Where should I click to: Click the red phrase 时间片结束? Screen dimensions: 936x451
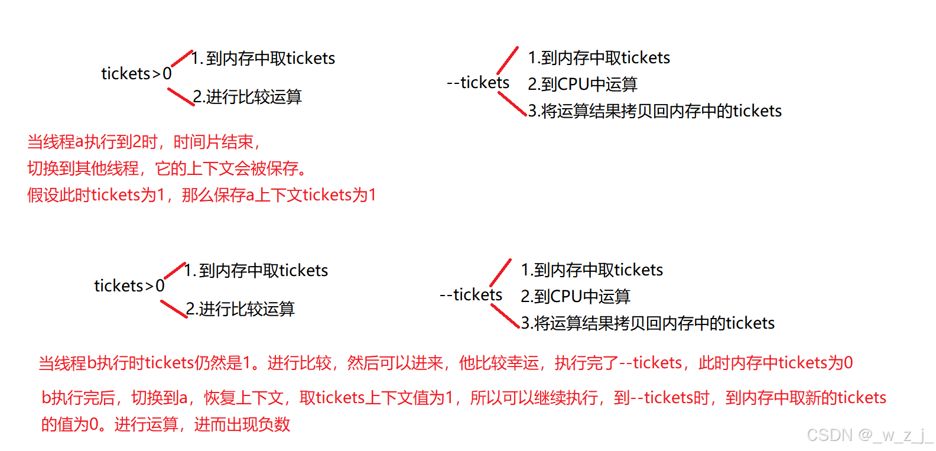pyautogui.click(x=213, y=142)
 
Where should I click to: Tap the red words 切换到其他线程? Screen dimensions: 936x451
pyautogui.click(x=83, y=168)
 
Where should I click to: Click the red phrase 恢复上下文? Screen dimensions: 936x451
pyautogui.click(x=243, y=398)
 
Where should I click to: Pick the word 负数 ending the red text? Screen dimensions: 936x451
pyautogui.click(x=274, y=424)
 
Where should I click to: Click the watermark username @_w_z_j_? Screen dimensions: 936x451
pyautogui.click(x=895, y=436)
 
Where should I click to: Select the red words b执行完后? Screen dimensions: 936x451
pyautogui.click(x=78, y=398)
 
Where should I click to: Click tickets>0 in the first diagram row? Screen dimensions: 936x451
pyautogui.click(x=136, y=74)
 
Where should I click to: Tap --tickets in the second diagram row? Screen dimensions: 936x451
pyautogui.click(x=471, y=295)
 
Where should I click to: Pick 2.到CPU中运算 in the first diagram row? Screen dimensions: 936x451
pyautogui.click(x=583, y=85)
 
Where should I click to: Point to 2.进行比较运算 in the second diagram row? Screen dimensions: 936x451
pyautogui.click(x=240, y=309)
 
